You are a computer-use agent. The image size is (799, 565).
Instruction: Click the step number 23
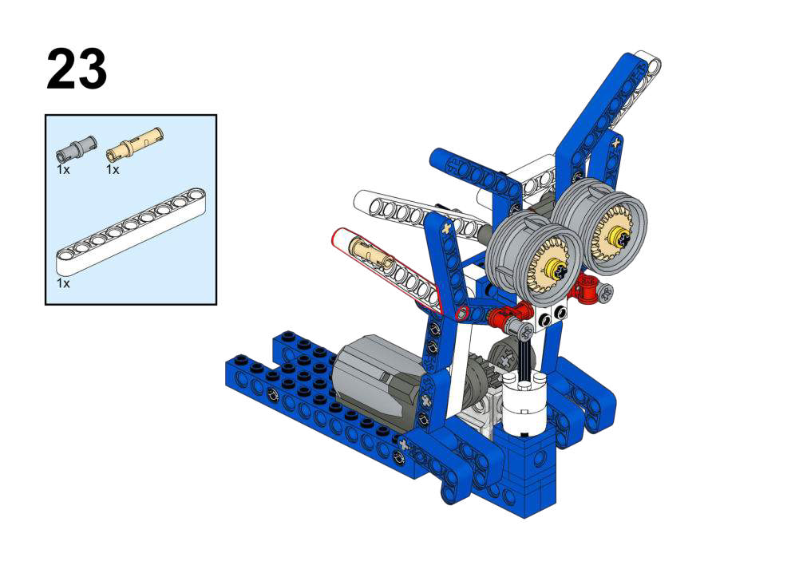pyautogui.click(x=77, y=69)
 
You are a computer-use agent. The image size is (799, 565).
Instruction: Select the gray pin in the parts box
pyautogui.click(x=75, y=148)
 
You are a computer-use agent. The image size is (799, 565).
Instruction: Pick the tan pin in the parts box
pyautogui.click(x=135, y=143)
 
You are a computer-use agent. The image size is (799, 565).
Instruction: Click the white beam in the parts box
pyautogui.click(x=131, y=231)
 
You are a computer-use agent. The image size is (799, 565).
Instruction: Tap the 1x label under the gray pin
pyautogui.click(x=63, y=170)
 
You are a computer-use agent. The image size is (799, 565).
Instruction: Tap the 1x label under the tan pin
pyautogui.click(x=113, y=170)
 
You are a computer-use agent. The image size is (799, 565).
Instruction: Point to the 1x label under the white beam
pyautogui.click(x=63, y=283)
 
